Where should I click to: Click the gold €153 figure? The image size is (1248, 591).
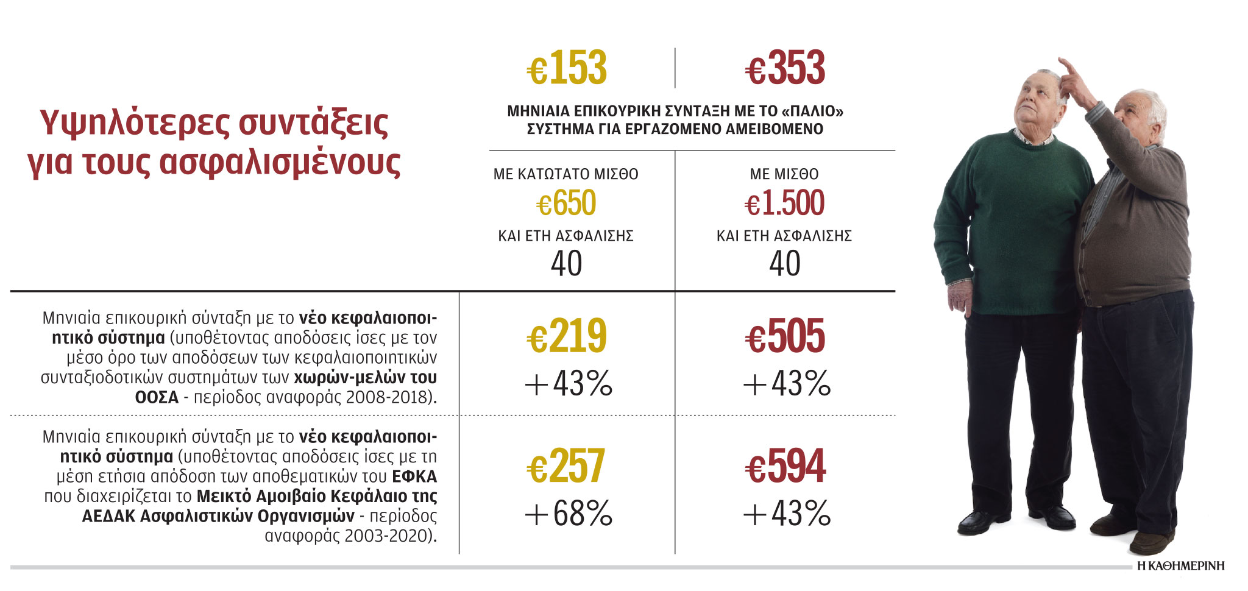click(567, 68)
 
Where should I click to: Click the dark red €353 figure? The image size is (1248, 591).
click(785, 68)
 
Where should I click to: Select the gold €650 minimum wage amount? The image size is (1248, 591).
click(566, 203)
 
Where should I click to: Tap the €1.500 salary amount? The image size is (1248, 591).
click(784, 203)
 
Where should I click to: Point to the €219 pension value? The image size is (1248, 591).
click(567, 336)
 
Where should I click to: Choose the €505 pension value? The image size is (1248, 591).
click(785, 336)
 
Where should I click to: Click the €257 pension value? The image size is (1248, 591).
click(566, 467)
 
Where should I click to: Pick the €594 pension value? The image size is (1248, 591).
click(785, 467)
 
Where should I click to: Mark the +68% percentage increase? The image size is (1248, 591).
click(568, 514)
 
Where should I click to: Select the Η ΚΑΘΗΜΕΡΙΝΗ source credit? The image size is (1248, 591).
click(1180, 566)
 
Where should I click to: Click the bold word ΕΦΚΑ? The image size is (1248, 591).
click(414, 476)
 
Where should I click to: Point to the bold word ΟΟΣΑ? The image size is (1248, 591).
click(157, 397)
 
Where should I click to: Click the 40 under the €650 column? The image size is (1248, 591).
click(566, 264)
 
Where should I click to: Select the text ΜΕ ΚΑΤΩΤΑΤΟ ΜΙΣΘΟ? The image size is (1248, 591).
click(565, 174)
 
